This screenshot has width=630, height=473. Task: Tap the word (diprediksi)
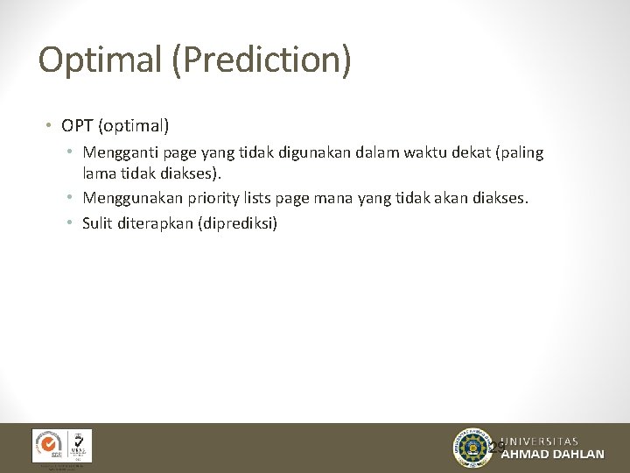point(238,223)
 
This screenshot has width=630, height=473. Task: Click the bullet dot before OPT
point(48,127)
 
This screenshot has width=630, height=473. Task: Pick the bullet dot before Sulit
point(69,223)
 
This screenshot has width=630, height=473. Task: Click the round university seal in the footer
point(472,448)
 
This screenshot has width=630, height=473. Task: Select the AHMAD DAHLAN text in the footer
point(551,455)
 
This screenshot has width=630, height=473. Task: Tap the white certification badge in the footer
point(61,446)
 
